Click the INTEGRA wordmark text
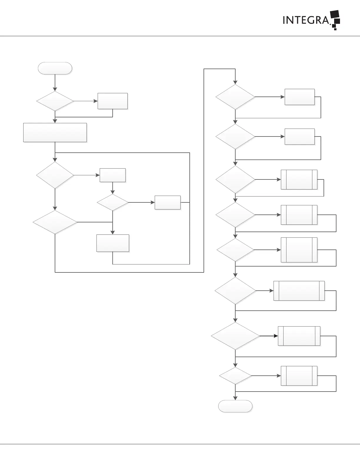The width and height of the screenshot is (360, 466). pos(305,20)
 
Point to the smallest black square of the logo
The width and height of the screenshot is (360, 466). pos(335,29)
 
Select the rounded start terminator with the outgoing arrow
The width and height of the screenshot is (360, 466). pos(55,68)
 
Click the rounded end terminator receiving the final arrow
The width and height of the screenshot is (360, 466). pos(235,406)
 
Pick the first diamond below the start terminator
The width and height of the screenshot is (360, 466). pos(55,101)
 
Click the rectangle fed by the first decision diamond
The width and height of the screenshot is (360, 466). pos(113,101)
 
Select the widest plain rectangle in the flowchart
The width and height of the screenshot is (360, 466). pos(55,132)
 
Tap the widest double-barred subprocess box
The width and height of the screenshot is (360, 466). pos(299,291)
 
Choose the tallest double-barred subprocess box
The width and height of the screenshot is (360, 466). pos(299,250)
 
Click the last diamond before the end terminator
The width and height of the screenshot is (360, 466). pos(235,376)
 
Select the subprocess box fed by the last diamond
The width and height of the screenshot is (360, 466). pos(299,376)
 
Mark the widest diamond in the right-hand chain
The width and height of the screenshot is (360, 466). pos(235,336)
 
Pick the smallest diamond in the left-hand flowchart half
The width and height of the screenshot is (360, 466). pos(113,202)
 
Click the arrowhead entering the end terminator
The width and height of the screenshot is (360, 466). pos(235,398)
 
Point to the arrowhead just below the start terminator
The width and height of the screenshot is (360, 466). pos(55,89)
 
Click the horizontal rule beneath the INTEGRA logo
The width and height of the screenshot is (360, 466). pos(180,36)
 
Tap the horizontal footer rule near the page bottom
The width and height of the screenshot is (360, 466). pos(180,444)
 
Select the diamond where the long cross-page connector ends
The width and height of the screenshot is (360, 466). pos(235,97)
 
